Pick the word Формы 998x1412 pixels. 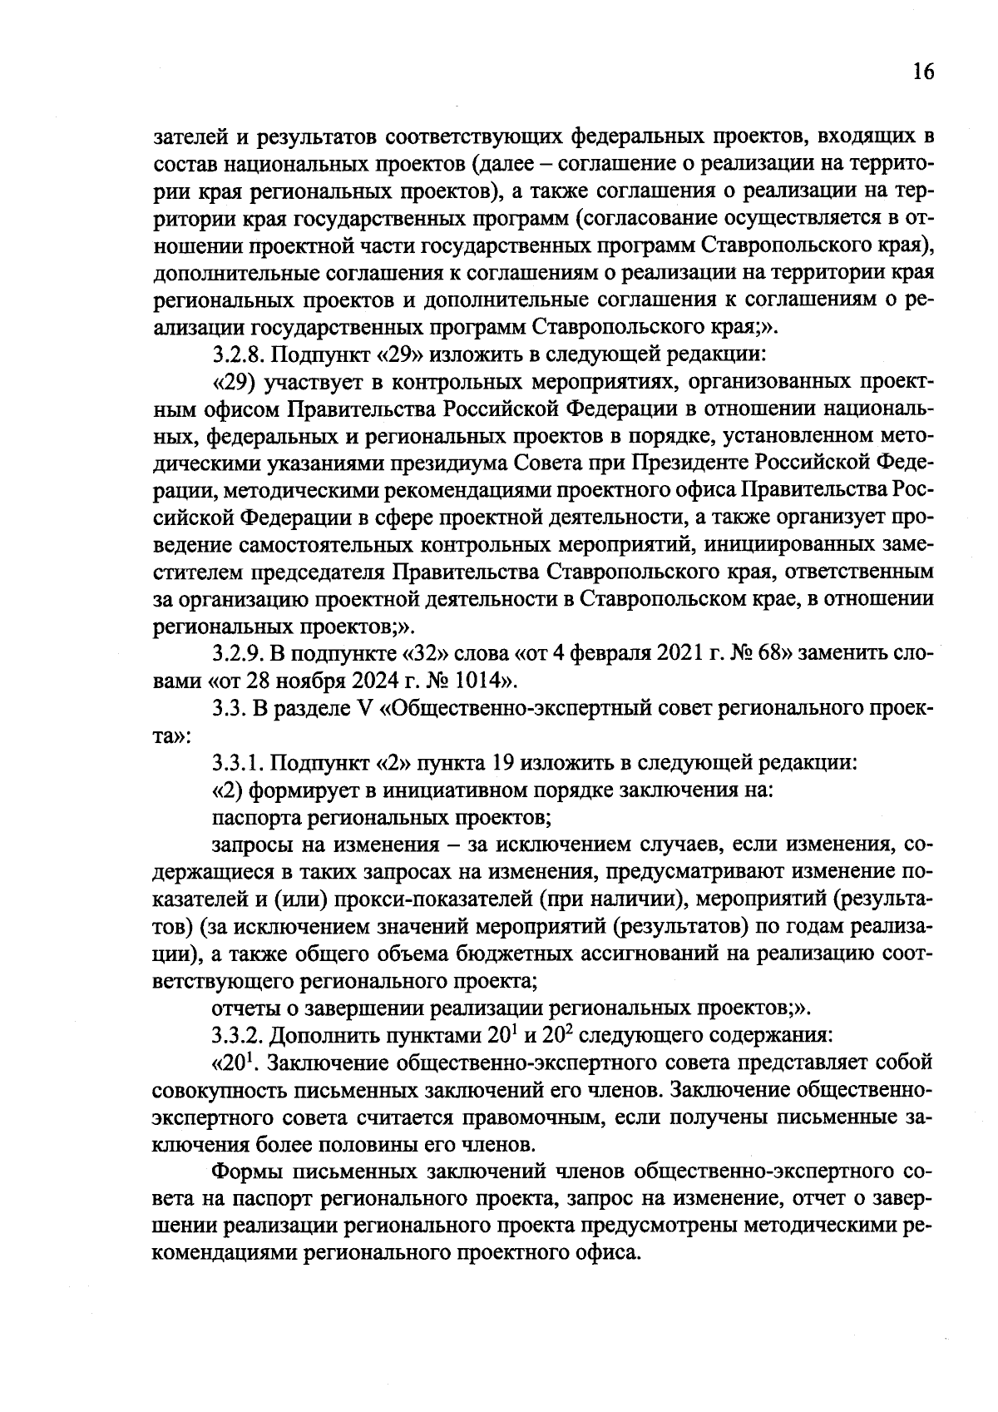(246, 1172)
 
